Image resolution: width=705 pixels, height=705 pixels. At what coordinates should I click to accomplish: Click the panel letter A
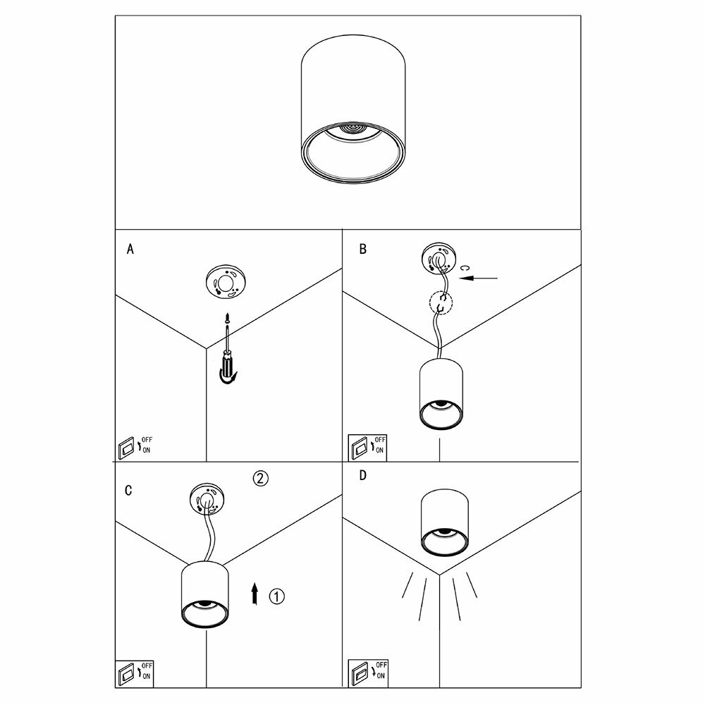pos(130,249)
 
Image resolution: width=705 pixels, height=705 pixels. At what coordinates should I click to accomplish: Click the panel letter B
pos(362,249)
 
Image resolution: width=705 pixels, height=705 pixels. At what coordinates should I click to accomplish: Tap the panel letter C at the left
pos(128,491)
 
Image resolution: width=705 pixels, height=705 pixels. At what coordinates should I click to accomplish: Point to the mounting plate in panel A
pos(226,283)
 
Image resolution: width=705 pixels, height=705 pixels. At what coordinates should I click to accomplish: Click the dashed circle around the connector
pos(441,303)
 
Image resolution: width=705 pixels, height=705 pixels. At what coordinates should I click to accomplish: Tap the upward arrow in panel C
pos(255,594)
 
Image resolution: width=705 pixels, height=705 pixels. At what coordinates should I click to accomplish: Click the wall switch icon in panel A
pos(126,447)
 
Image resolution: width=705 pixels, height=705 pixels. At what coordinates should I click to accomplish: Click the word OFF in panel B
pos(380,440)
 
